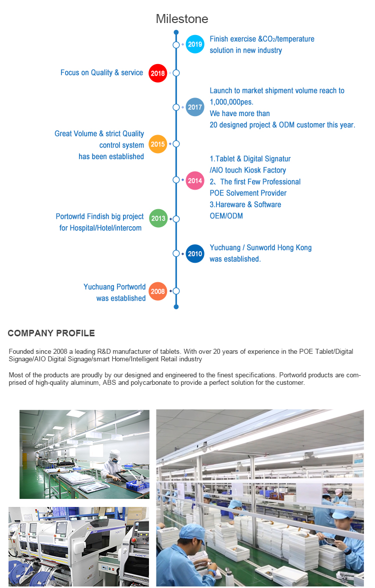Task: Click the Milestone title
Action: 182,19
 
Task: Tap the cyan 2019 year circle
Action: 195,44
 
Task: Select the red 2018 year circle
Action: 157,73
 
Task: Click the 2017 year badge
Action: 195,107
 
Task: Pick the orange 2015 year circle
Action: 157,144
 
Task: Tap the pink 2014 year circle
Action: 195,180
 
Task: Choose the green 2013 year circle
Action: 158,218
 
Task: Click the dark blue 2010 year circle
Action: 195,254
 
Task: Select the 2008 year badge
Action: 157,291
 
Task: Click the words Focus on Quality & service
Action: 102,73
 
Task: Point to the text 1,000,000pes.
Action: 231,102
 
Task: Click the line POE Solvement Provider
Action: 248,193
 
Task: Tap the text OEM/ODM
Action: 226,216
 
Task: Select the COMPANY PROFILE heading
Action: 51,333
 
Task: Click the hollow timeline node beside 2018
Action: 176,73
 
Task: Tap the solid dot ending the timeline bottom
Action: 176,307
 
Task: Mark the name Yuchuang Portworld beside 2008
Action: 114,287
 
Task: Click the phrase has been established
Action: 111,156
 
